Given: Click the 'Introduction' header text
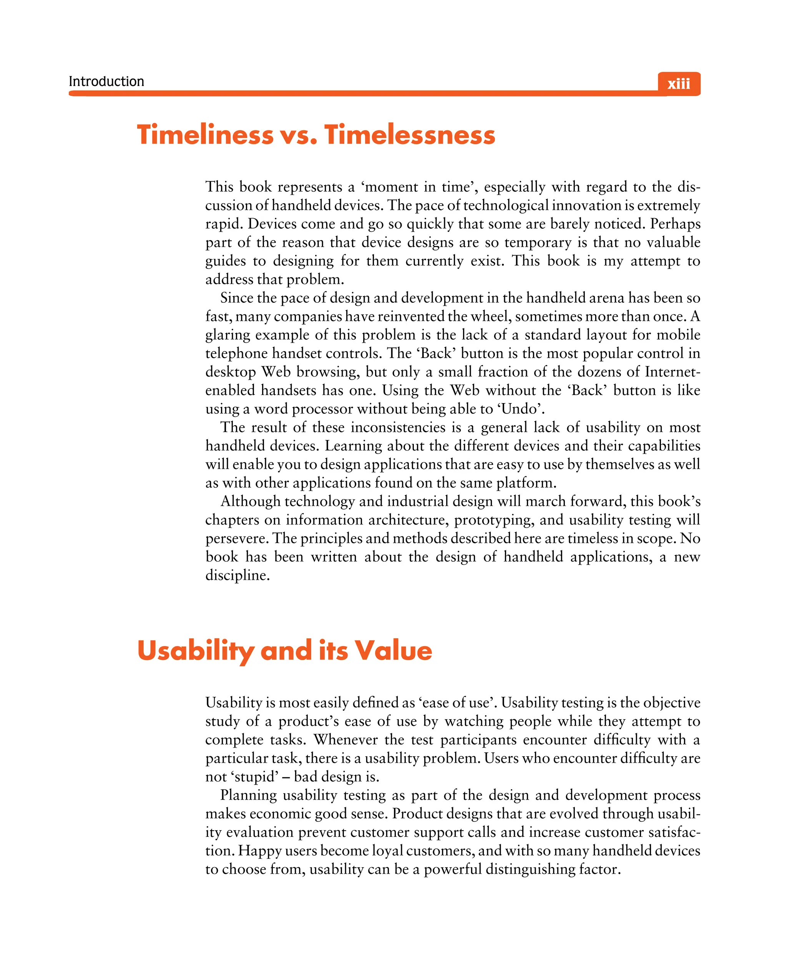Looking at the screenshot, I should point(106,81).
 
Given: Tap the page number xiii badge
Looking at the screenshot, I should point(678,84).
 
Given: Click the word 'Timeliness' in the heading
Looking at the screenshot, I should point(205,135).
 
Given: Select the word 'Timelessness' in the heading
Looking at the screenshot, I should point(409,135).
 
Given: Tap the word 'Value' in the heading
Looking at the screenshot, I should point(393,651).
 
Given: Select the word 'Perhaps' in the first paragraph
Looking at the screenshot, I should point(675,224).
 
